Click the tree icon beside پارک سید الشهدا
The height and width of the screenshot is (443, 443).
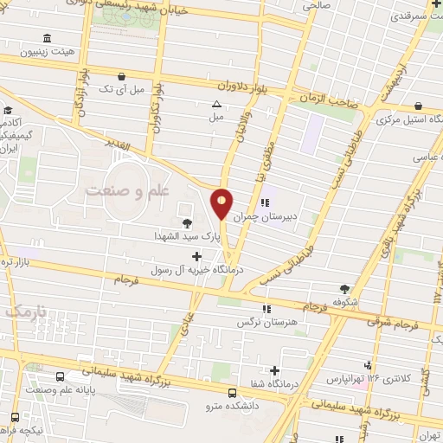(188, 221)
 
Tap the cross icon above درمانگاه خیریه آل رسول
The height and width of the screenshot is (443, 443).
(198, 256)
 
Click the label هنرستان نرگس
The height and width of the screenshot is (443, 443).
(267, 322)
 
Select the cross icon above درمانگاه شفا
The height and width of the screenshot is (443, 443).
(275, 370)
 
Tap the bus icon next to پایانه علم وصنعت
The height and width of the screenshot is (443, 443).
(60, 377)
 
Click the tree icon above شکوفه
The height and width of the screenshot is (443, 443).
(347, 289)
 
